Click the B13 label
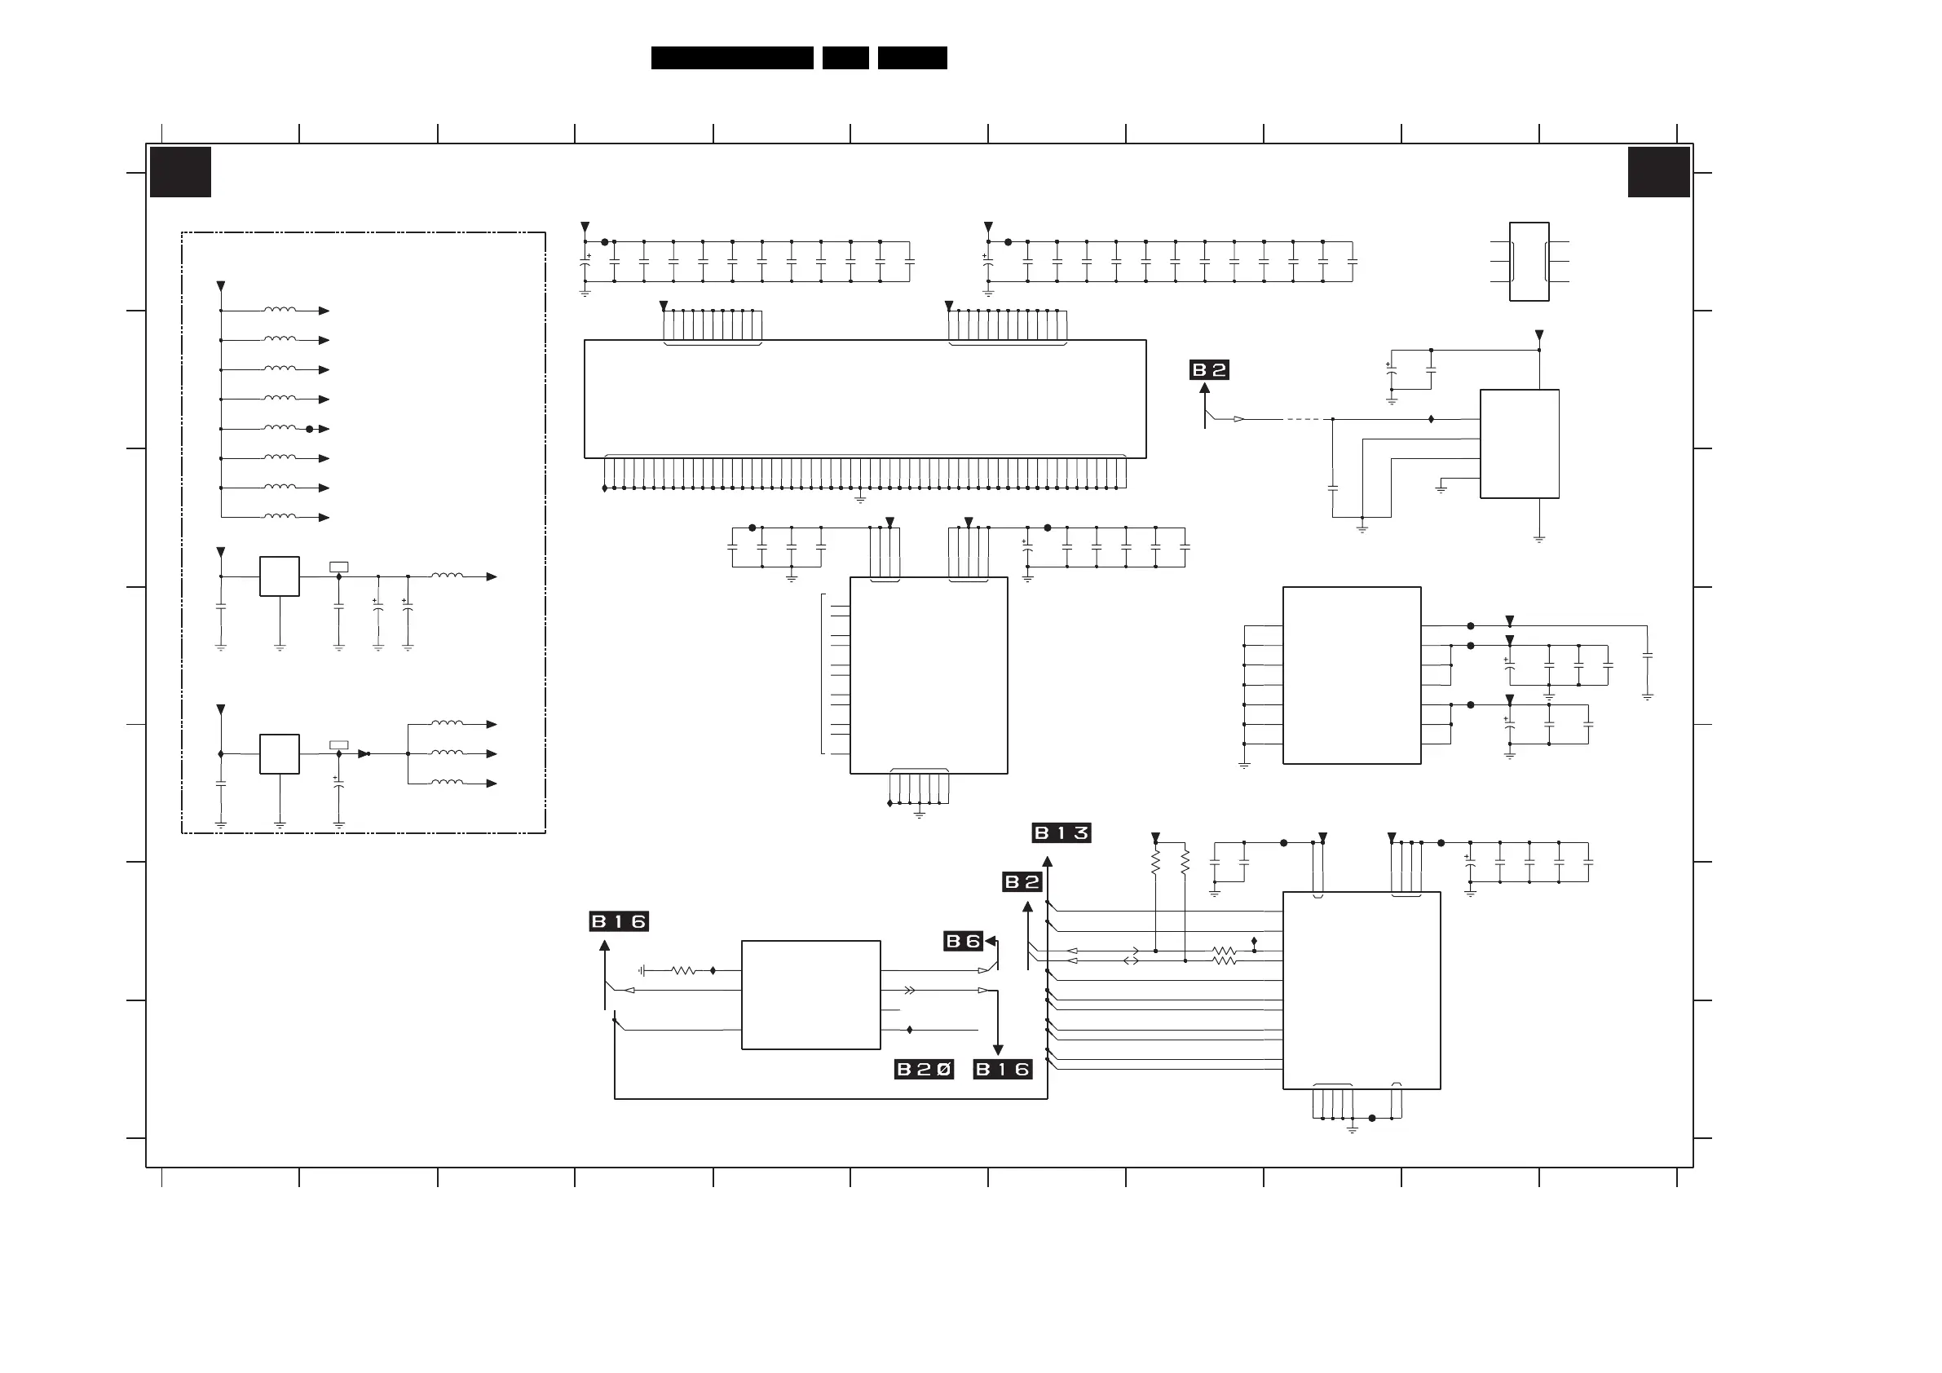1061,833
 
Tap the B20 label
924,1070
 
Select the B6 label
963,941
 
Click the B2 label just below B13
1022,882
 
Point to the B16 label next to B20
1002,1070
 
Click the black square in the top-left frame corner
180,172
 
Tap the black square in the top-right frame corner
1658,172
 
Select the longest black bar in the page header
731,58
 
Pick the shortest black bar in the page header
845,58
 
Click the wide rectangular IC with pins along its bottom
864,399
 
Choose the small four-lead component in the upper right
1529,262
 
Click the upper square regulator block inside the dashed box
279,576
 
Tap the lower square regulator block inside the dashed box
279,753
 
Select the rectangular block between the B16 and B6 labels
810,995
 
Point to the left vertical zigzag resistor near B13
1155,862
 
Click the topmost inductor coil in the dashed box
280,310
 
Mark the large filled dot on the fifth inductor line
310,429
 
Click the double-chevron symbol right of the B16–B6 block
909,990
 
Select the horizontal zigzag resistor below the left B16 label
683,971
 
